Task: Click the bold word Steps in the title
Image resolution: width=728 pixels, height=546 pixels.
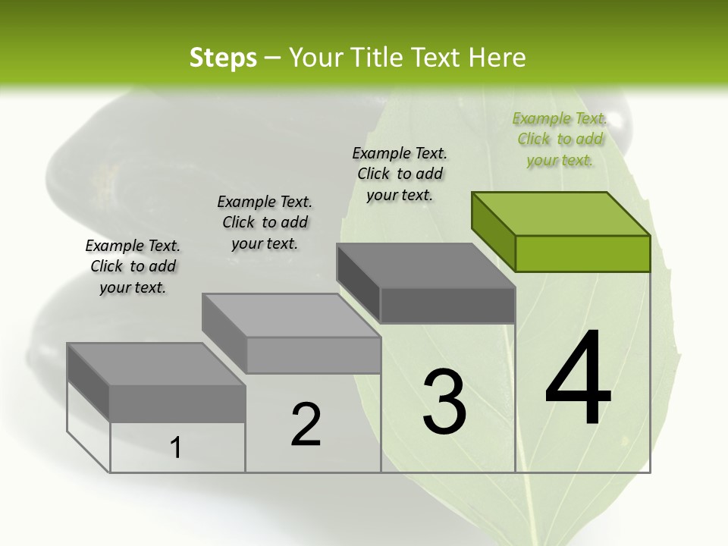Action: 223,58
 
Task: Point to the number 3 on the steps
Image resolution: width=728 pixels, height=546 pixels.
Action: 444,402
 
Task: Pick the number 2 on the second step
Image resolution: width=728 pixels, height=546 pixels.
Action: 306,425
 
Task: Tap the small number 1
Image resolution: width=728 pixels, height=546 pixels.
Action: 176,448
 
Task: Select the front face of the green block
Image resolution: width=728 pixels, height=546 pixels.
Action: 582,253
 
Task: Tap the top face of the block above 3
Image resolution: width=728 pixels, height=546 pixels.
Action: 425,265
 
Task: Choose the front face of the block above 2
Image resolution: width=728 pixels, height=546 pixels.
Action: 313,355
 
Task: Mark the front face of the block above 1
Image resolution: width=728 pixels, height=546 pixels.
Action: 177,403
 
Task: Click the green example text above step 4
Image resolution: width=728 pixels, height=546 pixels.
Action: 560,139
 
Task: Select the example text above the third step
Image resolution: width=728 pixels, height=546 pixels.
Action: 400,174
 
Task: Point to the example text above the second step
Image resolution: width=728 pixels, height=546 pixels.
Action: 265,222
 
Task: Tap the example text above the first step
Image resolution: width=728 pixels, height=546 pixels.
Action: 133,266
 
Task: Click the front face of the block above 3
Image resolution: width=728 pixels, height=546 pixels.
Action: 447,305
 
